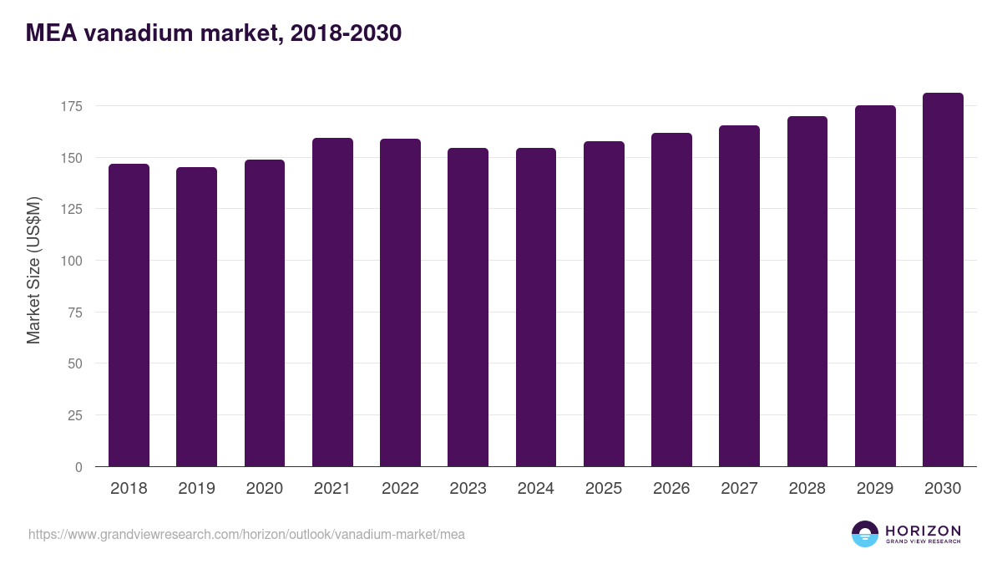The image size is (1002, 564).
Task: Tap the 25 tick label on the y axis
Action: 74,415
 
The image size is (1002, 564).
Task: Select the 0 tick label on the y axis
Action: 78,467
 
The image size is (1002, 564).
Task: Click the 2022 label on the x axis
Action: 400,489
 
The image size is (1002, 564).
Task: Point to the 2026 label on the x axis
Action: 671,489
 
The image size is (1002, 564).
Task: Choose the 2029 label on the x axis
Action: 875,489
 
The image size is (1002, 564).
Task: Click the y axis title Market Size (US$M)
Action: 33,270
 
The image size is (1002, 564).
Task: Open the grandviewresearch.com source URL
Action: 246,535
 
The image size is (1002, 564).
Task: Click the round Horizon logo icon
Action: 864,534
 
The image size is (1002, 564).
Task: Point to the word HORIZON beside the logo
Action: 923,531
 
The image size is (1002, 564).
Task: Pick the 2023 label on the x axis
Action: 468,489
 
